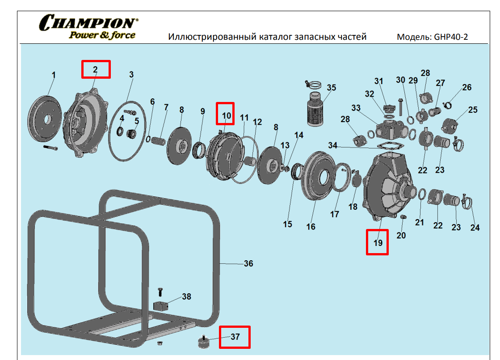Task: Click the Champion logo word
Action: click(88, 22)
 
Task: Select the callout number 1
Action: click(54, 75)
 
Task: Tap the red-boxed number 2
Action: click(95, 69)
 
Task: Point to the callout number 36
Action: click(248, 264)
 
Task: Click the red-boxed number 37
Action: click(235, 337)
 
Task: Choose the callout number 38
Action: click(186, 296)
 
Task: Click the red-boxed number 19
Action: click(378, 243)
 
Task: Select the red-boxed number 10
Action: click(227, 115)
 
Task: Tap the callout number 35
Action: click(331, 88)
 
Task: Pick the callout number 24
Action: click(475, 228)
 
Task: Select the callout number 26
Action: click(466, 87)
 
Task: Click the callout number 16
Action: click(311, 227)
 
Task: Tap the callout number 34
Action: click(333, 145)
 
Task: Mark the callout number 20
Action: click(401, 235)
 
